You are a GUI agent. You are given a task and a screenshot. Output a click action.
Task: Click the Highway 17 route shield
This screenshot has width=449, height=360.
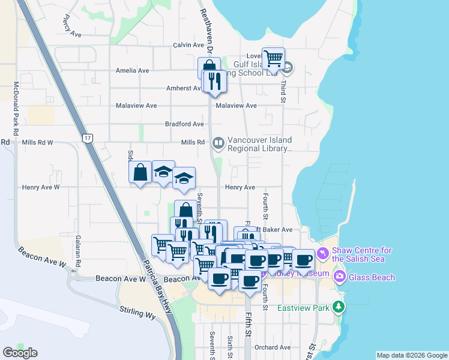coord(88,139)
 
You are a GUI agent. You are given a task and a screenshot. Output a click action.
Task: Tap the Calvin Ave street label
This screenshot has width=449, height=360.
coord(188,45)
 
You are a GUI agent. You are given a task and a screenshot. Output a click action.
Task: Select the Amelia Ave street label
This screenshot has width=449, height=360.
coord(133,70)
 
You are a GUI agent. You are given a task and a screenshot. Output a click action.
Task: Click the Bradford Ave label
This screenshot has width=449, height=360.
coord(184,124)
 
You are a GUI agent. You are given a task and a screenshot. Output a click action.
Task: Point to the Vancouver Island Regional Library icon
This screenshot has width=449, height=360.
coord(218,143)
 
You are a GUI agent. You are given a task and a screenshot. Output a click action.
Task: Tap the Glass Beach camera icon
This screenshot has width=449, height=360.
coord(340,277)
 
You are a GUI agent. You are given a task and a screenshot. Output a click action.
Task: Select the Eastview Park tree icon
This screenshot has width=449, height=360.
coord(339,307)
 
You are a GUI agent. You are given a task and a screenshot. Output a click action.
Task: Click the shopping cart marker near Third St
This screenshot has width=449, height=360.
coord(273,58)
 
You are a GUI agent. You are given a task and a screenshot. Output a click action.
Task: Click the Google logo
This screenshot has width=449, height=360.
coord(20,352)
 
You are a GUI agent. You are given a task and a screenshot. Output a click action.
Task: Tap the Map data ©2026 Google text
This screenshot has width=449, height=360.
coord(411,355)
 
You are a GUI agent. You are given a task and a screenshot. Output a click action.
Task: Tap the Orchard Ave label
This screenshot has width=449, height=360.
coord(272,347)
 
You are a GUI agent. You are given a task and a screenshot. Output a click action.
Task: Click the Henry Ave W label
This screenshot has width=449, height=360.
coord(40,187)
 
